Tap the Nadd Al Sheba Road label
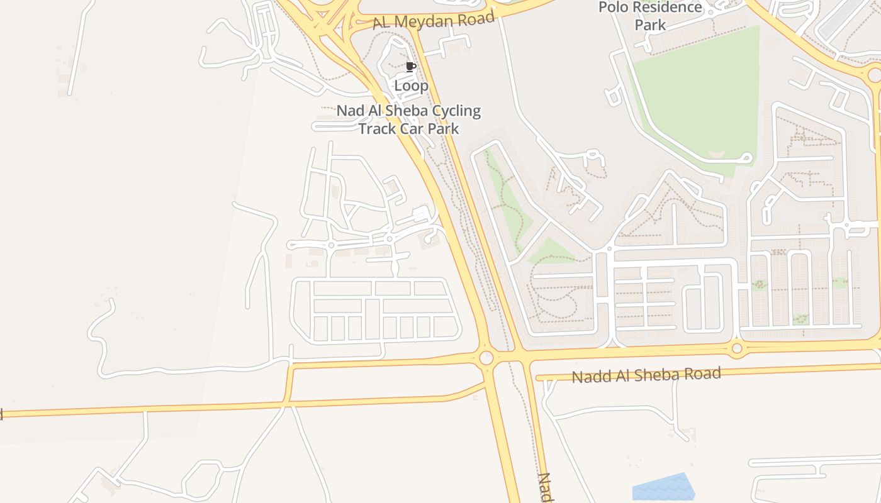pos(646,375)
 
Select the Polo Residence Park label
pos(650,16)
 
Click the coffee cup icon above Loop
pos(411,67)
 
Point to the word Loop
pos(411,86)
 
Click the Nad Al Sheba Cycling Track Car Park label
pos(408,120)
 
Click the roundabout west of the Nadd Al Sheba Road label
pos(486,358)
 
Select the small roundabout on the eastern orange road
pos(737,348)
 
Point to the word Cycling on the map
pos(450,112)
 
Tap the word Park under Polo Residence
pos(650,25)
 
